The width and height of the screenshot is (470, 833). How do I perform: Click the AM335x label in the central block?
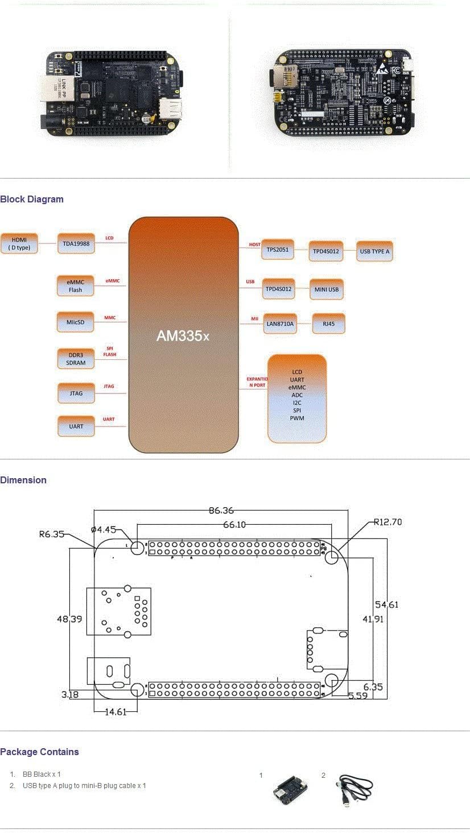183,335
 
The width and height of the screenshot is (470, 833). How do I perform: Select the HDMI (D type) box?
19,243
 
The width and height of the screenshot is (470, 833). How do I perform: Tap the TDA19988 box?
76,243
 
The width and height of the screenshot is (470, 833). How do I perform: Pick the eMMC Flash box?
76,285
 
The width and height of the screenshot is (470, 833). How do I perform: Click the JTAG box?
76,393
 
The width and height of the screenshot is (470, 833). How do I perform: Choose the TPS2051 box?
278,249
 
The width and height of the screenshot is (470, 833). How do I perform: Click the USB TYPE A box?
375,251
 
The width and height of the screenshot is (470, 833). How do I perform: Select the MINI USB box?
327,289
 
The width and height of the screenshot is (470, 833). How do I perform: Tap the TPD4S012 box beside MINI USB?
278,289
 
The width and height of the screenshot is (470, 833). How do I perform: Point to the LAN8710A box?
280,324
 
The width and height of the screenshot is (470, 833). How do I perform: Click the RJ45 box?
329,324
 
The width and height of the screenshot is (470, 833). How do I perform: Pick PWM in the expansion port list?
297,418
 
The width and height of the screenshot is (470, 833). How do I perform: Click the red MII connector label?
255,319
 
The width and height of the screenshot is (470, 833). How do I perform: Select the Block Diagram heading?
32,199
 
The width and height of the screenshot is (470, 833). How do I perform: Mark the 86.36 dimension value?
221,511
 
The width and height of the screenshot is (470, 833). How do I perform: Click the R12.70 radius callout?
388,521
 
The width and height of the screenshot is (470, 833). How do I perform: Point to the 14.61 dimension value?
116,711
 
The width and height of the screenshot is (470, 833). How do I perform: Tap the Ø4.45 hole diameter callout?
104,530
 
